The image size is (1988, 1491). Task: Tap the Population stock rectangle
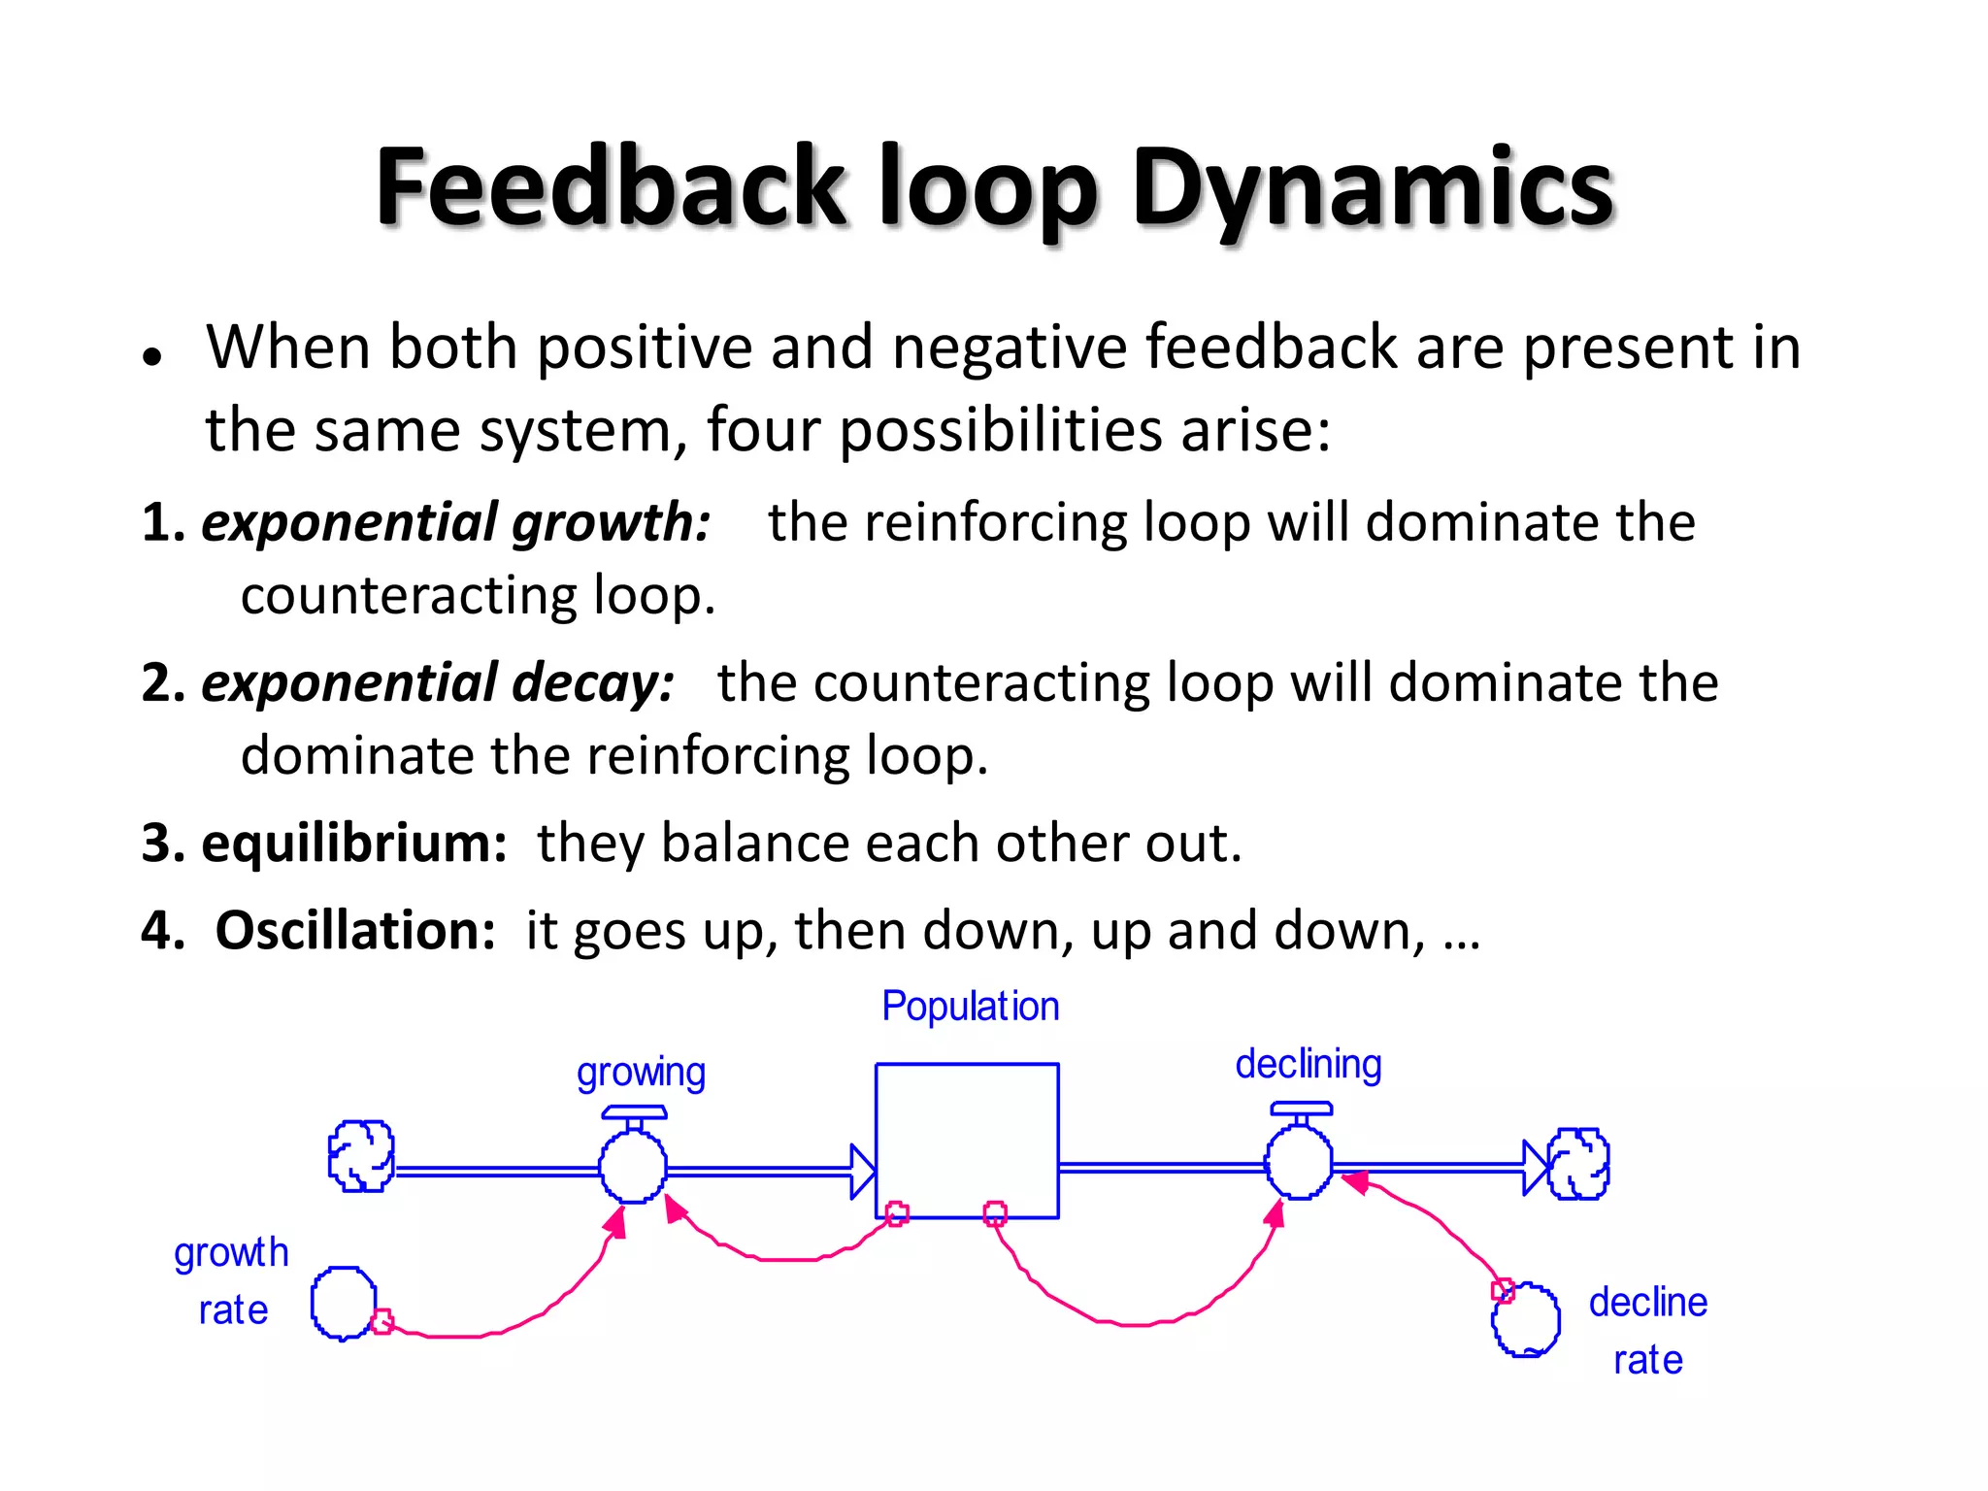967,1140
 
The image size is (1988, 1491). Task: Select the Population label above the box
970,1007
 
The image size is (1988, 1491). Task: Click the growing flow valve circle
633,1168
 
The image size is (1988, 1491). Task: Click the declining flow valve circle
1299,1162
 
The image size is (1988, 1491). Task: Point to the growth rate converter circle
344,1304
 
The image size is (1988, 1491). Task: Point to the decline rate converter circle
1526,1319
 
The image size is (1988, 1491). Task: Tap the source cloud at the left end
361,1155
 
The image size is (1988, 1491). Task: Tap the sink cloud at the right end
1578,1163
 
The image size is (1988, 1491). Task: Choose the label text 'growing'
641,1074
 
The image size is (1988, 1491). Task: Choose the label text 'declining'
1308,1065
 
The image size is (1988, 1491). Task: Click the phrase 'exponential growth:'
455,522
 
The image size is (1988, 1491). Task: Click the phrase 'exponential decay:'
438,682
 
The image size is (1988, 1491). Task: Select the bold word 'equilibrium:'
353,843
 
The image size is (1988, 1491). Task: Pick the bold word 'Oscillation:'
355,930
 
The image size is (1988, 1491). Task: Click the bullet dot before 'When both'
150,356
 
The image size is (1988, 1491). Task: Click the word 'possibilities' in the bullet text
1000,430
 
